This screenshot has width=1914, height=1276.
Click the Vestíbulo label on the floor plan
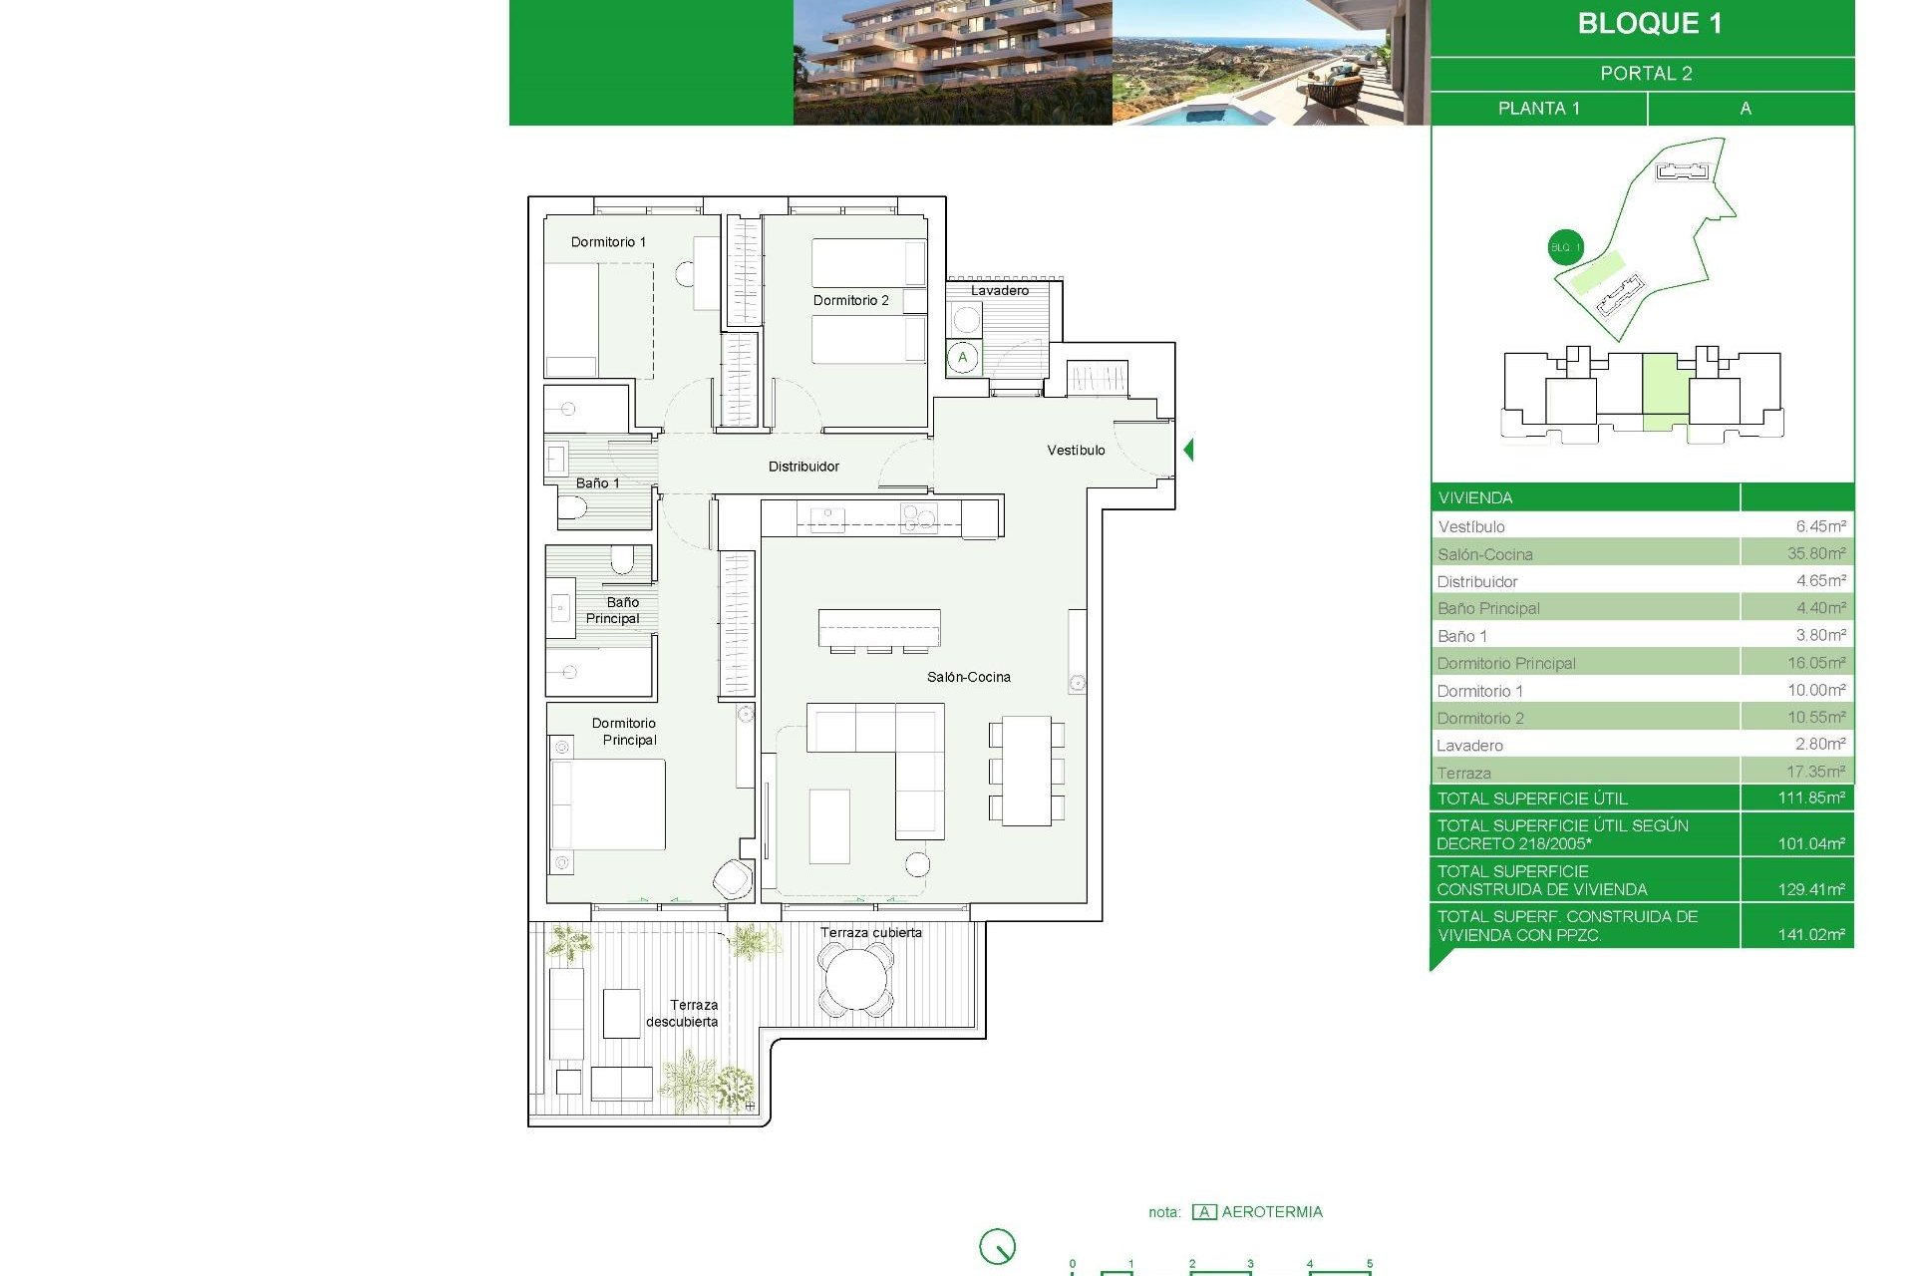click(x=1076, y=451)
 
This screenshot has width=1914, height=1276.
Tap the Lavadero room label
click(x=999, y=291)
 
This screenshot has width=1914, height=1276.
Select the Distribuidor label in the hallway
click(x=803, y=467)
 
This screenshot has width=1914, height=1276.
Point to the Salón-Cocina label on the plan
click(x=968, y=677)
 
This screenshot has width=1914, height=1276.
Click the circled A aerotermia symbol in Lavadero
click(x=963, y=358)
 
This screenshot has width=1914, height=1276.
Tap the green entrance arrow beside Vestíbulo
click(x=1188, y=450)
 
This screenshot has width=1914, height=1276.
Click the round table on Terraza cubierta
click(x=854, y=981)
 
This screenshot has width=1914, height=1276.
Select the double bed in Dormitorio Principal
click(x=608, y=804)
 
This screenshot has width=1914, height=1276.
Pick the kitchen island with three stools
click(x=879, y=629)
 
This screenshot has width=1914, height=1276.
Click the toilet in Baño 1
click(x=572, y=509)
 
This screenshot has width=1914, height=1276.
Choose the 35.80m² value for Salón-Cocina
click(x=1815, y=553)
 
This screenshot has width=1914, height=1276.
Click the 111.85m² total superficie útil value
click(x=1810, y=798)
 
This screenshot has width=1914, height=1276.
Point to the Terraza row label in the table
click(x=1463, y=773)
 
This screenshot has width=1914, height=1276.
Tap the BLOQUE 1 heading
click(x=1649, y=24)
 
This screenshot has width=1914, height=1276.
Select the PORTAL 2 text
click(x=1646, y=74)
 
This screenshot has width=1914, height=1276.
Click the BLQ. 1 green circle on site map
click(x=1565, y=247)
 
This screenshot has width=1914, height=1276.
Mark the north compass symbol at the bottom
click(x=997, y=1246)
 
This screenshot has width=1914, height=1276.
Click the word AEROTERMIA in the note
click(x=1272, y=1212)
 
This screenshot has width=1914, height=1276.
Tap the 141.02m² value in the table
click(x=1810, y=935)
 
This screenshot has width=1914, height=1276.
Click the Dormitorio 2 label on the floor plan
click(x=850, y=300)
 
